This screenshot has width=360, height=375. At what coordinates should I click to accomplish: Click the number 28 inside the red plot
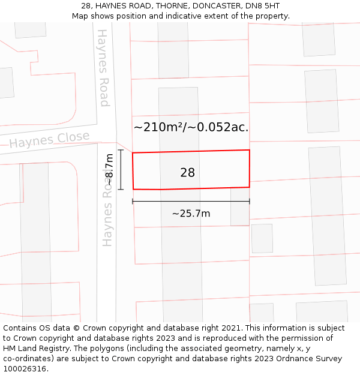(x=187, y=173)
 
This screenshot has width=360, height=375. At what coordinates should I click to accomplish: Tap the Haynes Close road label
(x=49, y=140)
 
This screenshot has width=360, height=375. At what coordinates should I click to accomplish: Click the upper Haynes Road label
(x=104, y=68)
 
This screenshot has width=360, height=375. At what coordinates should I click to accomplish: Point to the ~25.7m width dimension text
(x=191, y=214)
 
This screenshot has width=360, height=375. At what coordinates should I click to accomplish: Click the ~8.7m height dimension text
(x=109, y=170)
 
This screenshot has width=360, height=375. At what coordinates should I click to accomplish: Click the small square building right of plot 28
(x=262, y=238)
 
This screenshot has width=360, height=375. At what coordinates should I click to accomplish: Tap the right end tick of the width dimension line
(x=250, y=202)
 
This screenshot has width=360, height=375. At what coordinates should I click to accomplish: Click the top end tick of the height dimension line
(x=121, y=150)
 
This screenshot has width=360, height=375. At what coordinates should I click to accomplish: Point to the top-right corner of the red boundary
(x=249, y=150)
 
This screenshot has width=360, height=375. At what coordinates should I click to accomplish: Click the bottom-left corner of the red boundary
(x=134, y=190)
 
